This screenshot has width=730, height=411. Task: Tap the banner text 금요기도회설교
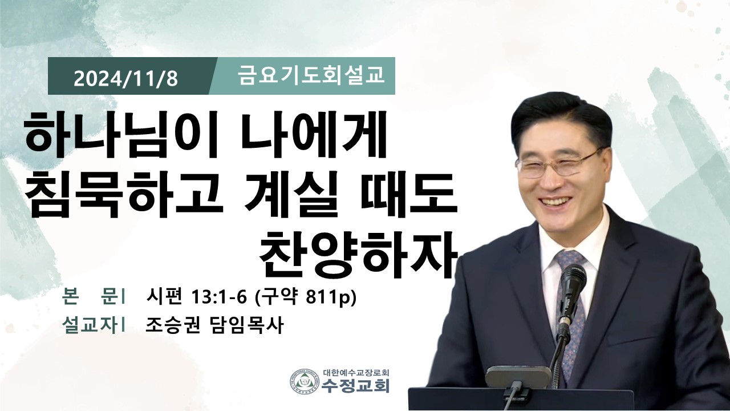point(311,76)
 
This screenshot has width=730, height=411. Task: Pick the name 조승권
point(172,325)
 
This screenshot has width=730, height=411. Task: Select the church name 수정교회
point(355,385)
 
